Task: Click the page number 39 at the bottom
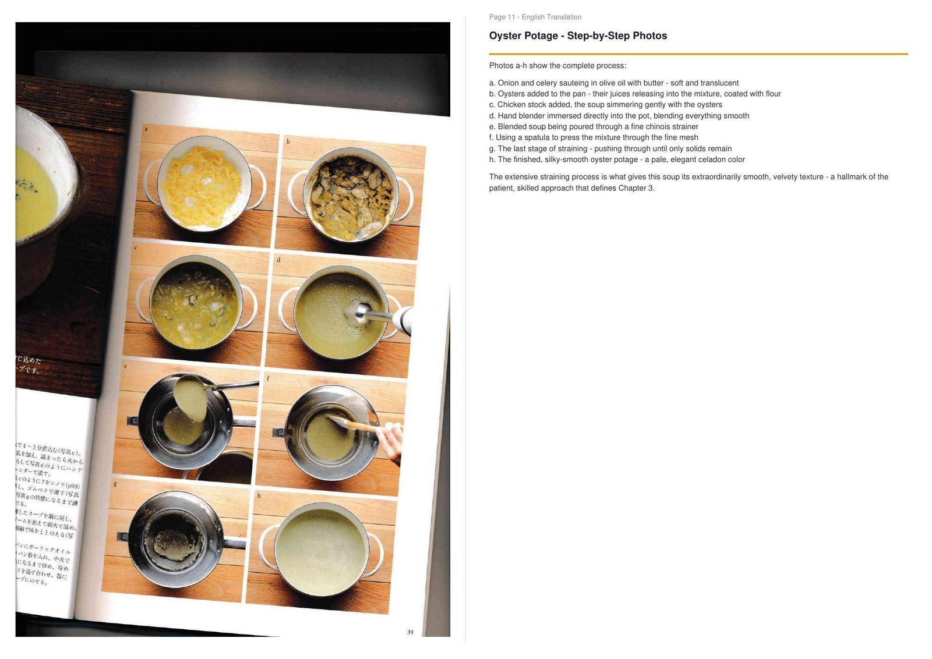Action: tap(410, 632)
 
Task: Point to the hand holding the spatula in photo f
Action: tap(391, 441)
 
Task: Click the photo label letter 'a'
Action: tap(146, 129)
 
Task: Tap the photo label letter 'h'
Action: tap(259, 495)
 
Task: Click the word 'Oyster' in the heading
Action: tap(506, 36)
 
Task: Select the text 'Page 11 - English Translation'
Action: tap(535, 17)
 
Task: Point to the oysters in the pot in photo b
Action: tap(349, 195)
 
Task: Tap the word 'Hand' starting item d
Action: tap(507, 116)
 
